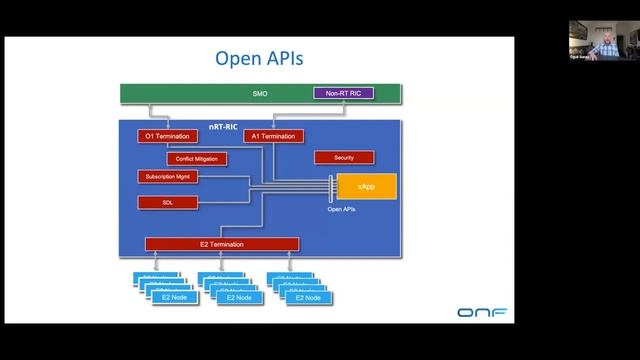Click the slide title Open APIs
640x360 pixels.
coord(259,59)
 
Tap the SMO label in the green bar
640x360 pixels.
coord(259,94)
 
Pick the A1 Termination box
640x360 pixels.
coord(272,136)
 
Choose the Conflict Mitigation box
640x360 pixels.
coord(196,158)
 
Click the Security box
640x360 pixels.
coord(344,158)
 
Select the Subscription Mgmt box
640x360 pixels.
coord(168,177)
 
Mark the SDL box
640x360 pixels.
coord(168,203)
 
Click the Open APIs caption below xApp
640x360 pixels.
coord(342,209)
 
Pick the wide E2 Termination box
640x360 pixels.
coord(222,244)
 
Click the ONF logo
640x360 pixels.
coord(481,313)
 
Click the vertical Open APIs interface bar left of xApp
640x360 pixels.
coord(330,187)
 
